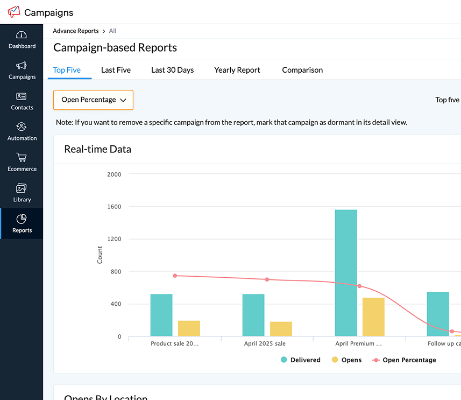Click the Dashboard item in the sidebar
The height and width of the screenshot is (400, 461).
pyautogui.click(x=22, y=40)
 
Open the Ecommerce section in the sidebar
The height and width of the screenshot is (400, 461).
pyautogui.click(x=22, y=162)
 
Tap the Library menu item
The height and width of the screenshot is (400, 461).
pyautogui.click(x=22, y=193)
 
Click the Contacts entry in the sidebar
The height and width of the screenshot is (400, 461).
pyautogui.click(x=22, y=101)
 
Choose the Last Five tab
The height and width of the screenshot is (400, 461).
pyautogui.click(x=116, y=70)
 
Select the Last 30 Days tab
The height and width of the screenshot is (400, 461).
pyautogui.click(x=172, y=70)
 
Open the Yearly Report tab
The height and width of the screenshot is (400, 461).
pyautogui.click(x=237, y=70)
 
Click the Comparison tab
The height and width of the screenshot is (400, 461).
pyautogui.click(x=302, y=70)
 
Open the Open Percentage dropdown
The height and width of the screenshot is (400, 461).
pyautogui.click(x=93, y=100)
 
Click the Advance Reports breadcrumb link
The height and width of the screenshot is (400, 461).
pyautogui.click(x=75, y=31)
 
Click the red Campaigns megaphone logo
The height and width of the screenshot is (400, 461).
pyautogui.click(x=14, y=12)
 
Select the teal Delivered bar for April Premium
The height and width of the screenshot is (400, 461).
pyautogui.click(x=345, y=273)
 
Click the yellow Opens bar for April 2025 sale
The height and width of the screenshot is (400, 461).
pyautogui.click(x=281, y=329)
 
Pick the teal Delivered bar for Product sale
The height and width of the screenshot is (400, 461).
pyautogui.click(x=161, y=315)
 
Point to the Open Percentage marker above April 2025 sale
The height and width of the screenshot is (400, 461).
pyautogui.click(x=267, y=279)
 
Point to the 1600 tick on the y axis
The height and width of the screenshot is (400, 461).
pyautogui.click(x=114, y=207)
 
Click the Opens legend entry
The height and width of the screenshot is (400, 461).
pyautogui.click(x=346, y=360)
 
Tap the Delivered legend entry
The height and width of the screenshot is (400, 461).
pyautogui.click(x=300, y=360)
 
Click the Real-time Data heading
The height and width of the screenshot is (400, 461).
pyautogui.click(x=97, y=149)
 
